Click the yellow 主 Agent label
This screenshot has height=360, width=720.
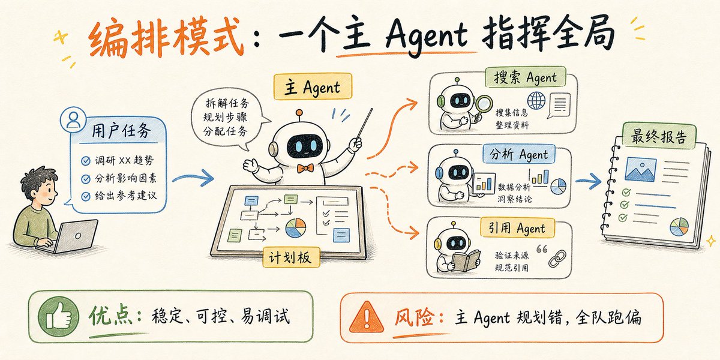coord(313,86)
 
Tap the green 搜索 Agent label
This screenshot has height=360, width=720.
coord(525,77)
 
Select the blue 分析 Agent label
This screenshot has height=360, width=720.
coord(519,154)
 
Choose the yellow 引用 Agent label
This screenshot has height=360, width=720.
coord(517,228)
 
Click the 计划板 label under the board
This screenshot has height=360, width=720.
coord(291,257)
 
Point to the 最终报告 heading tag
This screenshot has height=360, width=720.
coord(659,136)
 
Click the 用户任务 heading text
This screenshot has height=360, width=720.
coord(121,131)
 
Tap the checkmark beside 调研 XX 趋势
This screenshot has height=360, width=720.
coord(85,161)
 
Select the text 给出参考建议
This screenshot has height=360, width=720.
coord(125,196)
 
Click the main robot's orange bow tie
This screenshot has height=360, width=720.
coord(305,168)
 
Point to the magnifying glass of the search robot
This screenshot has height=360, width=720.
coord(482,107)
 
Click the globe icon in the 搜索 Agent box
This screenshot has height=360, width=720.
coord(536,100)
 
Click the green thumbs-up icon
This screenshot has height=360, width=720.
coord(58,316)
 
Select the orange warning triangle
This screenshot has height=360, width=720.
coord(366,317)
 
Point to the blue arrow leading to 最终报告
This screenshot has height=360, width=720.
coord(588,181)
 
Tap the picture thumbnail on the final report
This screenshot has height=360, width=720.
coord(640,169)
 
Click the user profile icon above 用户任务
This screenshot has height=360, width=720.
coord(73,120)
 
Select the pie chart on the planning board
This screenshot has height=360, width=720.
coord(295,228)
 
